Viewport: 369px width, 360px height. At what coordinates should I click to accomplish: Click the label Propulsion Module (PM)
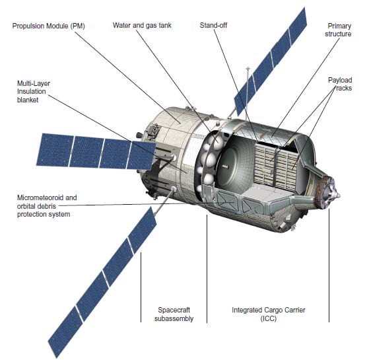click(x=48, y=26)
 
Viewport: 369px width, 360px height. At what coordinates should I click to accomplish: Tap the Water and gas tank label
click(x=142, y=25)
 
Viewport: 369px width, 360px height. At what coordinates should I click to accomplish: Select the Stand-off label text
click(x=213, y=25)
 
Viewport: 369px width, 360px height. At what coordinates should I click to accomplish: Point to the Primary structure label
click(x=338, y=30)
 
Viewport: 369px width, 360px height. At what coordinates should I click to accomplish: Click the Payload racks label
click(x=340, y=84)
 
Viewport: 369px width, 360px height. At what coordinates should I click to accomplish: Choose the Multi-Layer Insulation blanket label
click(x=34, y=92)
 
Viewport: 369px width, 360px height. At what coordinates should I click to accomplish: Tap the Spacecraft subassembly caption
click(x=174, y=314)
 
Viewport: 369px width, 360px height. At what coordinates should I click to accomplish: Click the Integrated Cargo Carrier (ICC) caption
click(x=269, y=314)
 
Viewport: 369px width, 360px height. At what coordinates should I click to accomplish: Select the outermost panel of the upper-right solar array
click(x=298, y=25)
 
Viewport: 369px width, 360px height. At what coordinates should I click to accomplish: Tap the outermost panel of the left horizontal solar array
click(x=55, y=150)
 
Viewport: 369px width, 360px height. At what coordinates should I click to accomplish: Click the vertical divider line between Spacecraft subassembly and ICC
click(x=207, y=268)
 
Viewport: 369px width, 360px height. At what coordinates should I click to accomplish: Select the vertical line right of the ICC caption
click(x=329, y=265)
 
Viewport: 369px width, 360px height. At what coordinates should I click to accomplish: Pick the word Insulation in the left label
click(x=31, y=91)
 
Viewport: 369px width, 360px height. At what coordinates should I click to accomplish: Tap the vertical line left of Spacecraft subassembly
click(x=141, y=287)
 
